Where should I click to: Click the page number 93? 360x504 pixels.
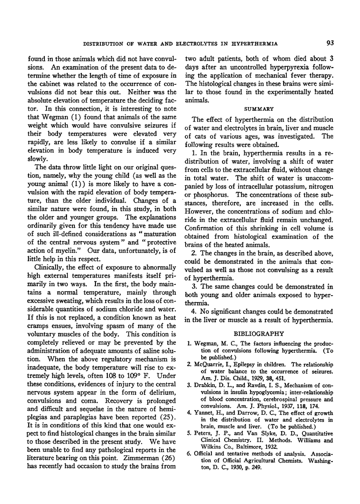click(328, 42)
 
